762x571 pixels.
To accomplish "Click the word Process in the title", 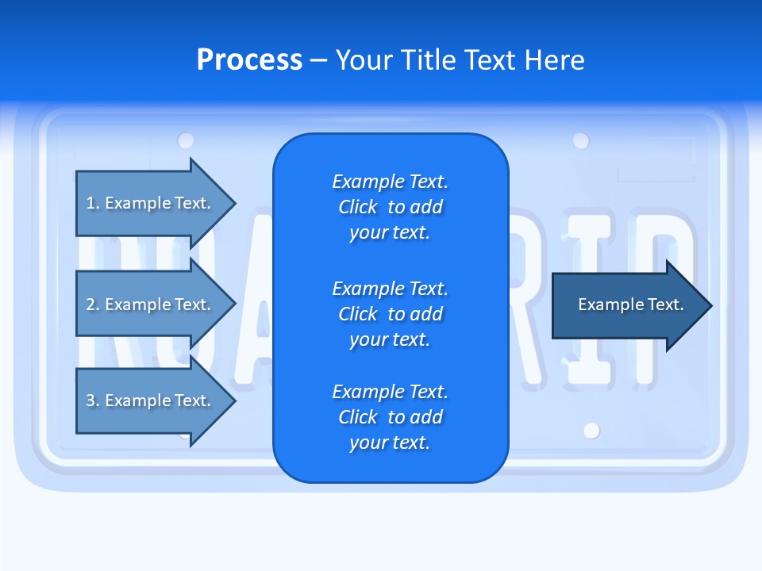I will (249, 60).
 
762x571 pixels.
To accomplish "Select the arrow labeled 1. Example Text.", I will (151, 203).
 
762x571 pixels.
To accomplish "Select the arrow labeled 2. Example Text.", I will (151, 305).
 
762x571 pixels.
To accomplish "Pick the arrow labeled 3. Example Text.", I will (151, 400).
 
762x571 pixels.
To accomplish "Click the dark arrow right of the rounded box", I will (627, 305).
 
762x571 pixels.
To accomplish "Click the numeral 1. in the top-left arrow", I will (93, 203).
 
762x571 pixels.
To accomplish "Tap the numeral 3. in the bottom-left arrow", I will (93, 400).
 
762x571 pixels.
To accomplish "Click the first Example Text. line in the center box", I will (390, 182).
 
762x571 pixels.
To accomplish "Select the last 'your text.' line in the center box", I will (390, 443).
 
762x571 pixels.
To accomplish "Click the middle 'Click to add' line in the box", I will (390, 314).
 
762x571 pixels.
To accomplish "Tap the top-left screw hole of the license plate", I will (186, 140).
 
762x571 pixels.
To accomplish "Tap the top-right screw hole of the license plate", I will (581, 140).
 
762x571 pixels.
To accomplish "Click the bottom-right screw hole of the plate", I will (591, 431).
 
